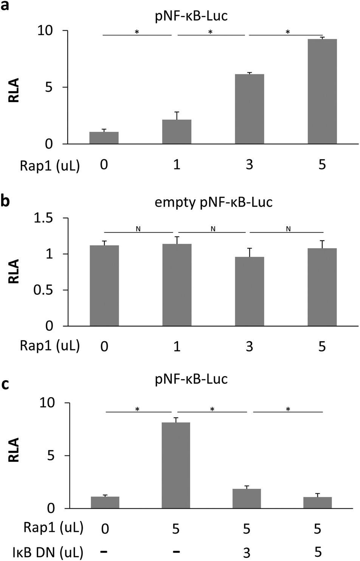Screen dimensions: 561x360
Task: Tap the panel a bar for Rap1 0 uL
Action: point(104,138)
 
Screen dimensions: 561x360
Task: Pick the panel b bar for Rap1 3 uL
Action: point(250,291)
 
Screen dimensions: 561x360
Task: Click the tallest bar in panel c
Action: point(176,465)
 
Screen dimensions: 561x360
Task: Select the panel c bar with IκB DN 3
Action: point(247,499)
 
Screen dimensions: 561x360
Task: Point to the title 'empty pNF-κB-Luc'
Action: point(213,202)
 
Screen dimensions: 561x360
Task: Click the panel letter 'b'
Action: point(5,201)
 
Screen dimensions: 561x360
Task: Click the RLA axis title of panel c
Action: point(14,450)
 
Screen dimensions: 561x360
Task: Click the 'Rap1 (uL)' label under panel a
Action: point(50,165)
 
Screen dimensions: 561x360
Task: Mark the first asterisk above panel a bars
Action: point(137,33)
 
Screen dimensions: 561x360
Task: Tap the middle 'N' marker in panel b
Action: point(213,229)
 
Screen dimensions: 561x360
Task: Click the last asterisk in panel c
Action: point(288,409)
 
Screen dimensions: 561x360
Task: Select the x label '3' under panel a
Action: point(250,165)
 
